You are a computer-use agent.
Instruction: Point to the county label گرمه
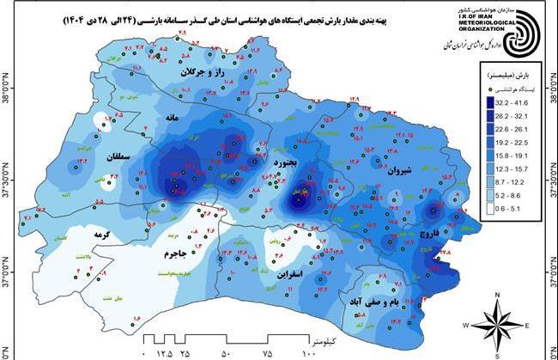point(79,234)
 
